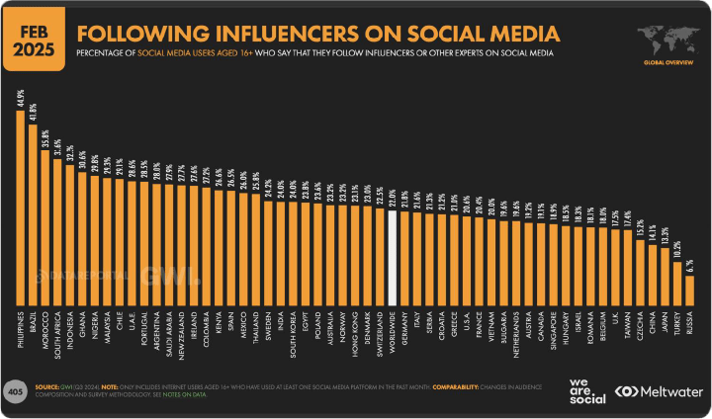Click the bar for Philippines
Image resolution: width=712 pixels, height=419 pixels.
coord(21,207)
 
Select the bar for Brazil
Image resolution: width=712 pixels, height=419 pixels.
coord(34,213)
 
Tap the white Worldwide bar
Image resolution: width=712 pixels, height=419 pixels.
coord(393,258)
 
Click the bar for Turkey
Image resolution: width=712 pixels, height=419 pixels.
coord(677,282)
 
